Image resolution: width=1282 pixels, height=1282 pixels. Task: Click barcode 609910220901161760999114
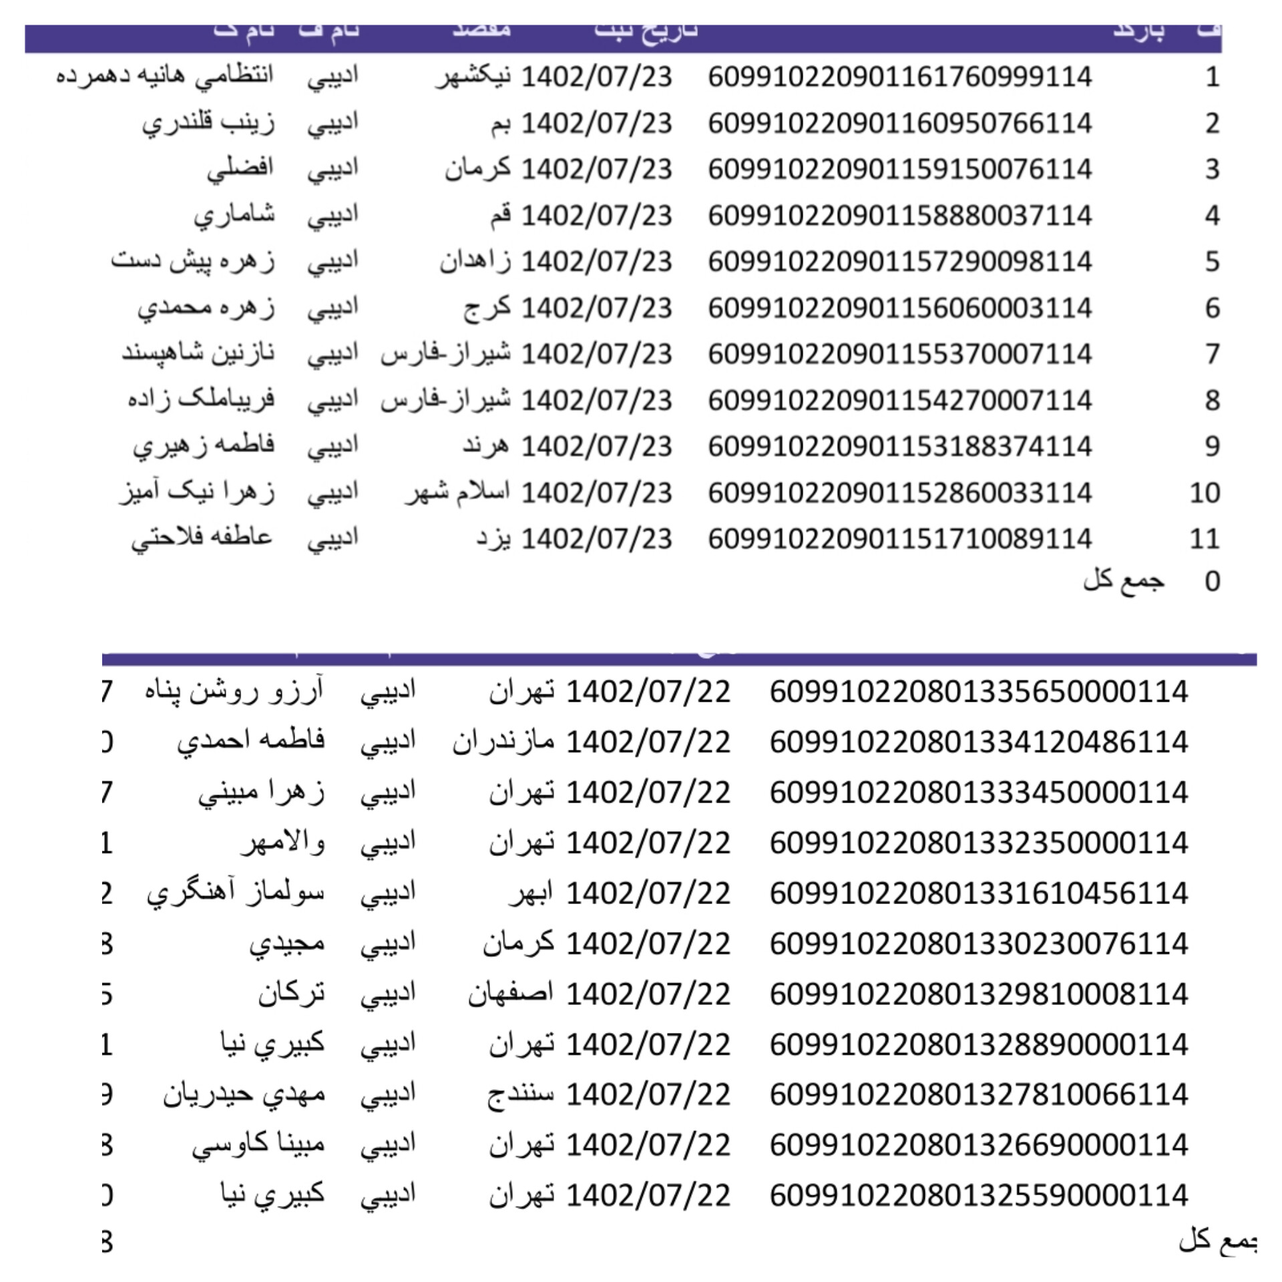pos(899,77)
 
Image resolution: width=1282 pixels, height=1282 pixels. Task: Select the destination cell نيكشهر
pos(474,77)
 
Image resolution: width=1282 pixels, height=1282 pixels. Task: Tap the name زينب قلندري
pos(208,124)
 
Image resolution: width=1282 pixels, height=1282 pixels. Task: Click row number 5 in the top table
pos(1212,262)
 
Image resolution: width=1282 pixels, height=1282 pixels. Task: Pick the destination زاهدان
pos(475,262)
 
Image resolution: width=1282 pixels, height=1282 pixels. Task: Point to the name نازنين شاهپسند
pos(198,354)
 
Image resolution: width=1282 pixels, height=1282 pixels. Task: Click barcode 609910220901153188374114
pos(899,446)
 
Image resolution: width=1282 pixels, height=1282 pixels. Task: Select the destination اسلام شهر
pos(458,493)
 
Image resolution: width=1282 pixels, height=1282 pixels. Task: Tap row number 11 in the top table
pos(1205,538)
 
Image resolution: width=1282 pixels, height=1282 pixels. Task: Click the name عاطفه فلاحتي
pos(202,538)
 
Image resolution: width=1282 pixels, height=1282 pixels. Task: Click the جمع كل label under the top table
pos(1124,581)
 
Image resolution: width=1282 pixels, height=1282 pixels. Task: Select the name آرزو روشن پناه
pos(234,692)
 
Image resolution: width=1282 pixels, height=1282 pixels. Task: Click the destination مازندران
pos(503,742)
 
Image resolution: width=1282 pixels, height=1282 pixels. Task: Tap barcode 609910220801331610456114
pos(978,893)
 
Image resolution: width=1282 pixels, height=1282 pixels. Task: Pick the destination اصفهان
pos(511,994)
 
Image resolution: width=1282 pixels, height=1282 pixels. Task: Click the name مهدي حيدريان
pos(244,1095)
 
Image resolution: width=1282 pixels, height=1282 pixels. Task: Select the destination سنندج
pos(521,1095)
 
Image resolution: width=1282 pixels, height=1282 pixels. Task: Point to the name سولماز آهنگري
pos(236,893)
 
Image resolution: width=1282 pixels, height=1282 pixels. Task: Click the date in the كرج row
pos(596,308)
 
